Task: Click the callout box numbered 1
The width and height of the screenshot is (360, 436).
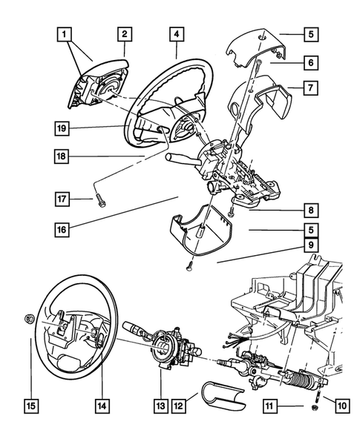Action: pyautogui.click(x=67, y=33)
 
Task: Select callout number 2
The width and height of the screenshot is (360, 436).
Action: pyautogui.click(x=125, y=33)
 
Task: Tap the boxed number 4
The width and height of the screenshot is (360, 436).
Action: pyautogui.click(x=176, y=33)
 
